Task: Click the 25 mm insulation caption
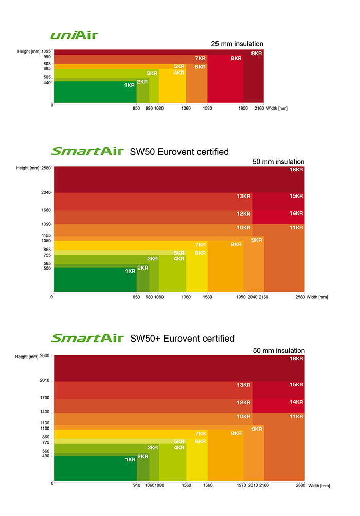tap(237, 44)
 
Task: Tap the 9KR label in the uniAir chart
tap(257, 54)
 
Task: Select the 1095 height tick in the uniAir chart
tap(47, 51)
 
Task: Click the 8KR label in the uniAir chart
tap(236, 59)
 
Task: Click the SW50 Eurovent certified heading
tap(179, 151)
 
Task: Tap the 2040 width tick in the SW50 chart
tap(253, 297)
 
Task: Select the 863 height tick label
tap(47, 250)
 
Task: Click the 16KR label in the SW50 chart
tap(296, 170)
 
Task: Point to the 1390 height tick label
tap(46, 224)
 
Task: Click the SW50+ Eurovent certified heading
tap(182, 338)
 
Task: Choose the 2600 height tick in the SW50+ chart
tap(45, 355)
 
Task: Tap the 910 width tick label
tap(136, 485)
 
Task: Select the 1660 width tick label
tap(208, 485)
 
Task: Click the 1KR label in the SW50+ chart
tap(130, 459)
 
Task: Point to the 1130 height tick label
tap(46, 423)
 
